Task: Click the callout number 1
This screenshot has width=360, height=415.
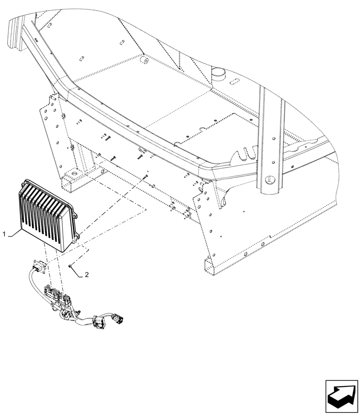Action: coord(5,235)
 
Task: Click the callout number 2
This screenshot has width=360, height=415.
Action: coord(87,275)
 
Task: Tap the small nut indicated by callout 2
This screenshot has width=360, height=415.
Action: coord(70,266)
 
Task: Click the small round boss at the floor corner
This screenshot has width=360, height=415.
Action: coord(145,61)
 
